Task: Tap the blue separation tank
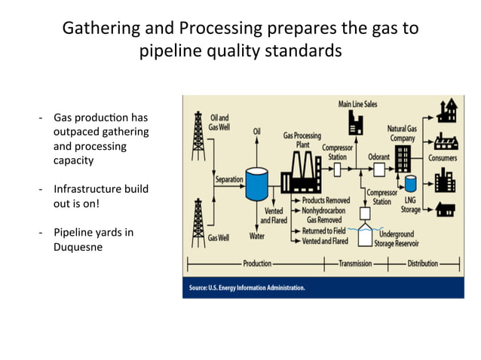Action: pyautogui.click(x=256, y=182)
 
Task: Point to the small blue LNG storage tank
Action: pyautogui.click(x=411, y=183)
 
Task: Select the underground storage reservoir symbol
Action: pyautogui.click(x=367, y=236)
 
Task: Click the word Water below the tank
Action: pyautogui.click(x=256, y=236)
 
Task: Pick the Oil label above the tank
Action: pyautogui.click(x=256, y=131)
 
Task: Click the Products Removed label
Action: pyautogui.click(x=326, y=201)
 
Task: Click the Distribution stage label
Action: pyautogui.click(x=424, y=264)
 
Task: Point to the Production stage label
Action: pyautogui.click(x=257, y=264)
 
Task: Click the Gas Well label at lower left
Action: pyautogui.click(x=218, y=236)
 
